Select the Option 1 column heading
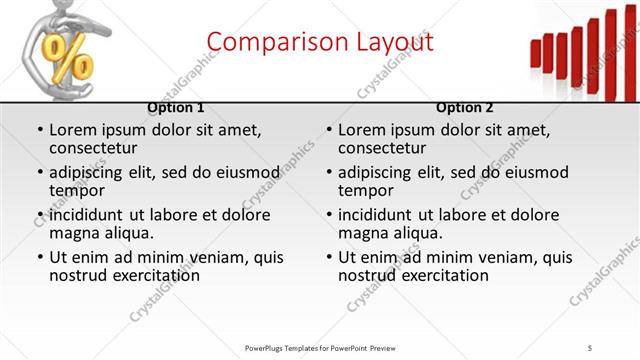click(x=176, y=107)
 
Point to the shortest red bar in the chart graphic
click(x=535, y=53)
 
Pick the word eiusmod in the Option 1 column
click(x=244, y=172)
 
